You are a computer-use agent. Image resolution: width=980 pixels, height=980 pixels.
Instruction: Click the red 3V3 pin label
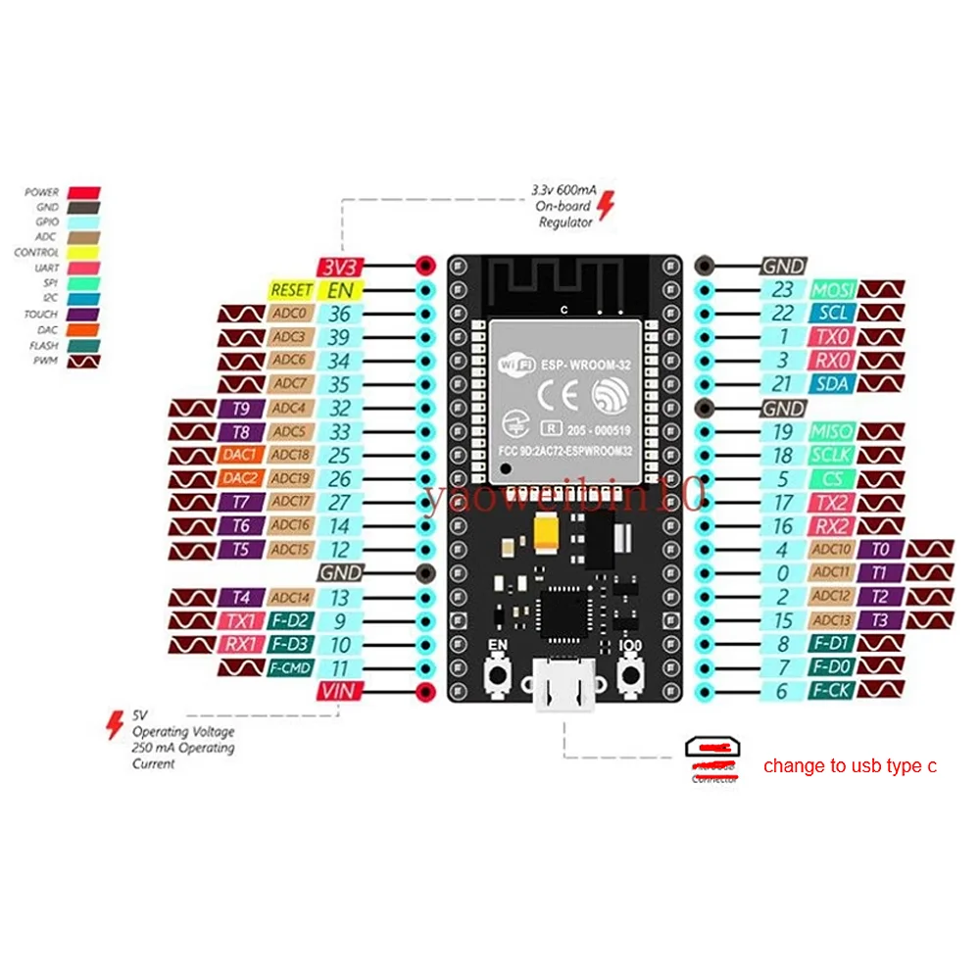point(339,266)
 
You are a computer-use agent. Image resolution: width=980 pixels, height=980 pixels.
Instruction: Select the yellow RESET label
point(291,290)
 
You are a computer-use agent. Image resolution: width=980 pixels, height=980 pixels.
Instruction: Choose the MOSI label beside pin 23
point(833,290)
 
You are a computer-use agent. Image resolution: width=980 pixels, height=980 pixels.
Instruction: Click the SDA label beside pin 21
point(833,384)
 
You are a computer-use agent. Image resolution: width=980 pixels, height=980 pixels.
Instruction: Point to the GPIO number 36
point(339,314)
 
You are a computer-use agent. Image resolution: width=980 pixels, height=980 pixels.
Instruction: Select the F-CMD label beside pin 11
point(291,668)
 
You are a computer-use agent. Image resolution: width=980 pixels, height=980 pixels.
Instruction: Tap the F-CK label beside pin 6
point(833,692)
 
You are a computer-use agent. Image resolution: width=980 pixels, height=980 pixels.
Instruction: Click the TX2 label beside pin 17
point(833,503)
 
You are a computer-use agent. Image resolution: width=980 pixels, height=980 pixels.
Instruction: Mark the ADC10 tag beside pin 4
point(832,550)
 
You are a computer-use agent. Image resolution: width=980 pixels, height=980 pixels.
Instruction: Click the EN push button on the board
point(499,676)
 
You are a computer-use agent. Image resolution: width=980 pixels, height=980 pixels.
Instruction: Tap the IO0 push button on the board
point(630,676)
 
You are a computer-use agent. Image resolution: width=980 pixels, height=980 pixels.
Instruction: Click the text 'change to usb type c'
point(850,766)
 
